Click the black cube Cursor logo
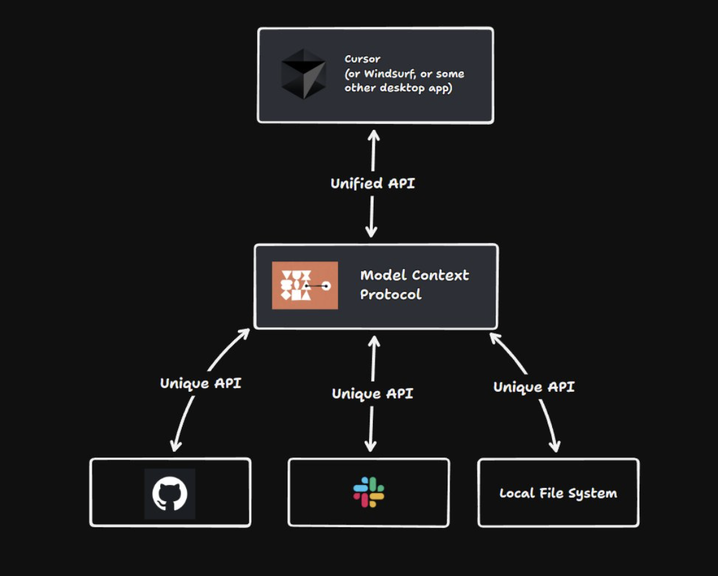pos(303,73)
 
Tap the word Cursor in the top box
pos(362,59)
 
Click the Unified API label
pos(372,184)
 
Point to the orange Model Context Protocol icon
pos(305,285)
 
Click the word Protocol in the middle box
pos(390,294)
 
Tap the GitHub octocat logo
pos(170,494)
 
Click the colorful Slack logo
pos(368,492)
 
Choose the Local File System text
pos(558,493)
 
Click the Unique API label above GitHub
pos(200,383)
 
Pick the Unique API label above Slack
pos(372,394)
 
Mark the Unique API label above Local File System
pos(534,387)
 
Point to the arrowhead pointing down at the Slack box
pos(371,446)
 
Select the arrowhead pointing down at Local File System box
pos(555,447)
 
